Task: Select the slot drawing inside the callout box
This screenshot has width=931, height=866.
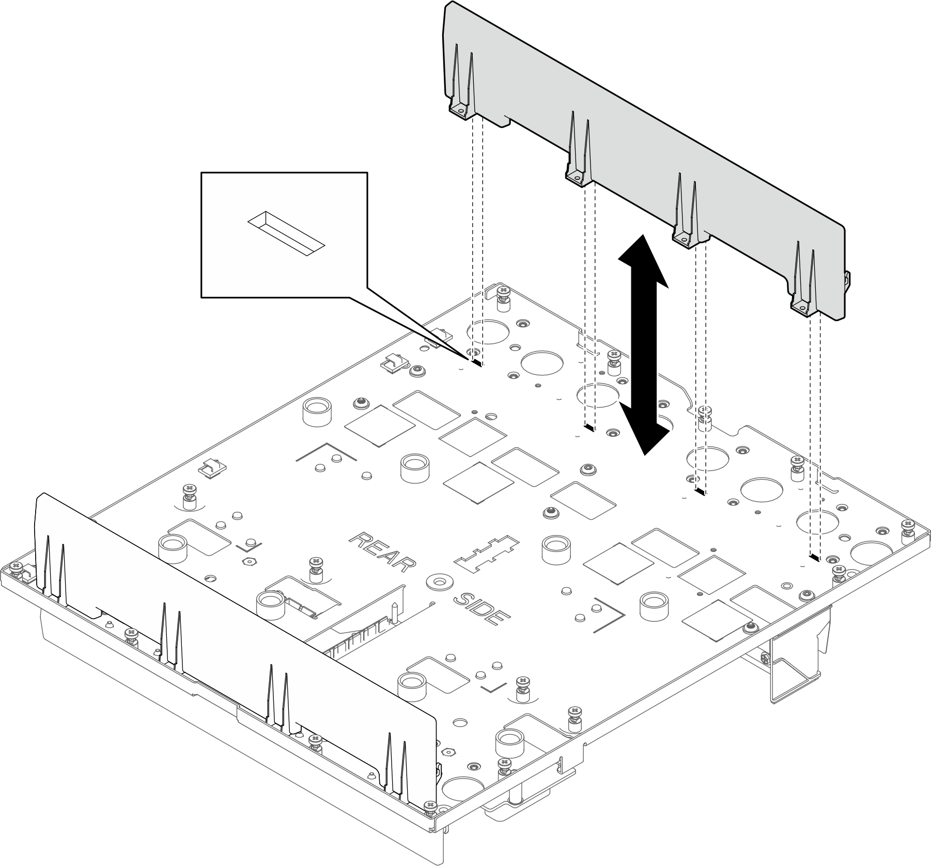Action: coord(285,233)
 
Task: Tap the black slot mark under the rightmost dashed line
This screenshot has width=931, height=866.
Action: coord(814,557)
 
